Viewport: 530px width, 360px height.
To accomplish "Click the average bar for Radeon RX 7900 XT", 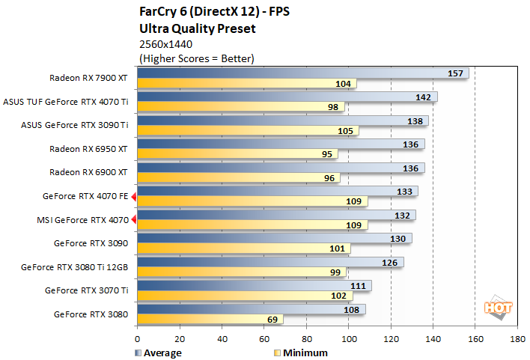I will [299, 73].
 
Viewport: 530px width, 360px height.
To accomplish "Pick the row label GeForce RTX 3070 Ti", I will [87, 290].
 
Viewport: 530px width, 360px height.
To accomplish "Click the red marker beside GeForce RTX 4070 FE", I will [134, 196].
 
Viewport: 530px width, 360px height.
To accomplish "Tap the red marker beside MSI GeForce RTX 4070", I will [134, 219].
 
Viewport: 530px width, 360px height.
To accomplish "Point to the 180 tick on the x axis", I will [517, 338].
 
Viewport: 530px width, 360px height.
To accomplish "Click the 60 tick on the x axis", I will [264, 338].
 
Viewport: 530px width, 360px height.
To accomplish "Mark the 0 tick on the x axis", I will [138, 338].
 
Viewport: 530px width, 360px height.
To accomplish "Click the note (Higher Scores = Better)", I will [197, 58].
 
